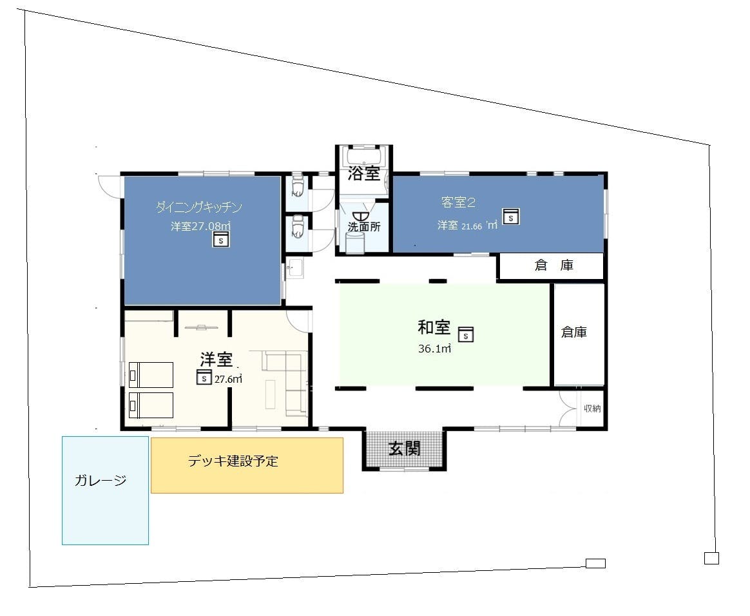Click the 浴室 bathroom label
coord(363,173)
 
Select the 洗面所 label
coord(364,227)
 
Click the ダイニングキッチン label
coord(199,207)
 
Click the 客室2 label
coord(458,203)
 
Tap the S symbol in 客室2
coord(511,217)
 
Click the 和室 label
coord(434,327)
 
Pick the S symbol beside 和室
coord(466,334)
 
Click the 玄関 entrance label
coord(405,448)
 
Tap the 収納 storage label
coord(592,409)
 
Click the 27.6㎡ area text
coord(228,380)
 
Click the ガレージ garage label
coord(101,480)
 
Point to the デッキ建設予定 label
coord(233,461)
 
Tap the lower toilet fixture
coord(298,227)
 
